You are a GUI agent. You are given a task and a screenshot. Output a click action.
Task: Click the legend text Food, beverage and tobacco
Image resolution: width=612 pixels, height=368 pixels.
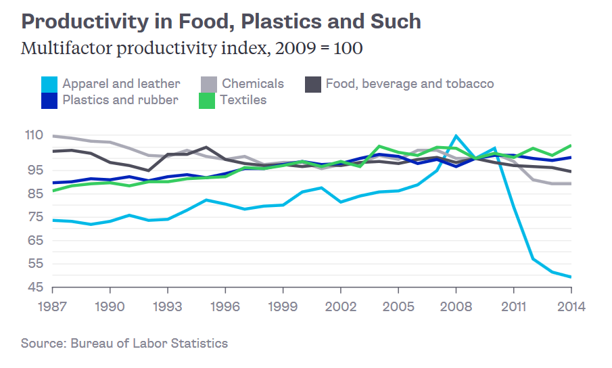point(409,84)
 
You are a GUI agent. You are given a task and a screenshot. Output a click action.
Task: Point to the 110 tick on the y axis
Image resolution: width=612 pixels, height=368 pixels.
point(33,136)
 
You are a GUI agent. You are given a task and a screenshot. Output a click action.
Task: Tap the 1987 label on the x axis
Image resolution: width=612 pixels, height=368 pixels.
point(53,306)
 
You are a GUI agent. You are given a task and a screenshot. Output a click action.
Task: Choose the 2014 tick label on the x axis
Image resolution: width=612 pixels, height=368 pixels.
point(571,306)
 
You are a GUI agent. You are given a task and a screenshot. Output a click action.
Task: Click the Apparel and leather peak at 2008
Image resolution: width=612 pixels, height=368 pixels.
point(456,136)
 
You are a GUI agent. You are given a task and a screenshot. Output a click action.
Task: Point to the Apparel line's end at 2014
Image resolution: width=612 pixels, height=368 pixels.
point(571,277)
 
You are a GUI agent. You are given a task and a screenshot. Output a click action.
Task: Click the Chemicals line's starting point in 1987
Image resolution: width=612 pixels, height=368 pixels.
point(53,136)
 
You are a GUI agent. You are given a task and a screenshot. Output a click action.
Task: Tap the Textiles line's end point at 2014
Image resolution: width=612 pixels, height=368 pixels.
point(571,145)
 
